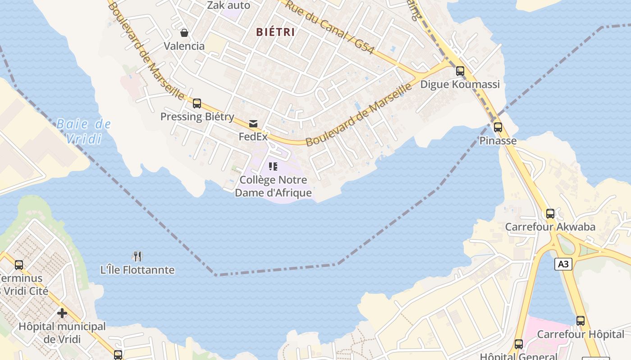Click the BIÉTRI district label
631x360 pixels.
pos(275,32)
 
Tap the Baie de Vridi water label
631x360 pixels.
pos(84,131)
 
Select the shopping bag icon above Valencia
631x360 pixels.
pos(184,33)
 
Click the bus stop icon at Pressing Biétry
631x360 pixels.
pos(197,103)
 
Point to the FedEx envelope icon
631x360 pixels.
pos(253,124)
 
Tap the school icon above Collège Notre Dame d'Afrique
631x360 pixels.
pos(273,167)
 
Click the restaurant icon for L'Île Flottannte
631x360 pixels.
pos(137,256)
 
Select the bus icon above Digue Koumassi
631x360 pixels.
pos(460,71)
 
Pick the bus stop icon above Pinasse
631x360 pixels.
pos(498,127)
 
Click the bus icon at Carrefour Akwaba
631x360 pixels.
pos(550,214)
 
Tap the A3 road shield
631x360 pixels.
pos(563,264)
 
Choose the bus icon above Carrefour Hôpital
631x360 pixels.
pos(581,321)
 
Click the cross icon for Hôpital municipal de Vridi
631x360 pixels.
pos(62,313)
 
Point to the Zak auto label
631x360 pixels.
pos(229,5)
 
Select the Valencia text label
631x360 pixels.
pos(184,46)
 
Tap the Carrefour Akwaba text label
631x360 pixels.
pos(550,227)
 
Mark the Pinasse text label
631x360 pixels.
pos(498,141)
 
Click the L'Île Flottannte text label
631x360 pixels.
pos(137,270)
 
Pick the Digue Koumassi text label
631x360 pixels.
pos(460,85)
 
